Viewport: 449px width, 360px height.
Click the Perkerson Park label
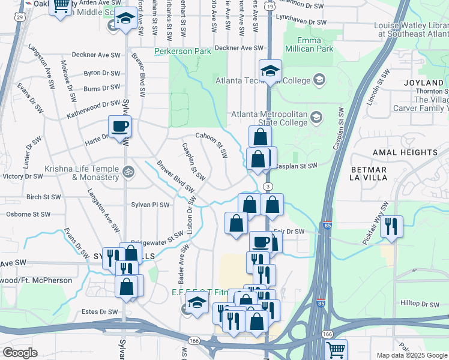[182, 51]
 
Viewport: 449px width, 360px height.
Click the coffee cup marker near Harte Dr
[119, 127]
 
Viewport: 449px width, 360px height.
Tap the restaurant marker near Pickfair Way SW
[391, 226]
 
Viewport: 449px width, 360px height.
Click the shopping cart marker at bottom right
[336, 349]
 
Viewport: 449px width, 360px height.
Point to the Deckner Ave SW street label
[239, 47]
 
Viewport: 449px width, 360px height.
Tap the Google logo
[20, 353]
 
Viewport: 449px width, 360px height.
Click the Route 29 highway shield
[20, 17]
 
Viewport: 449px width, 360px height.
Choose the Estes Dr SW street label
[100, 312]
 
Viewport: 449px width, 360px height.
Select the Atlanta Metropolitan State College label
[270, 118]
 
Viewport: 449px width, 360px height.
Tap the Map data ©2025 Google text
[411, 355]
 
